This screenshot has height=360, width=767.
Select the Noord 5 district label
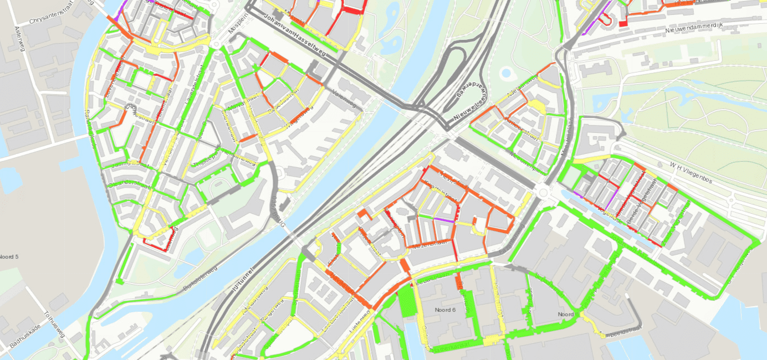tap(9, 257)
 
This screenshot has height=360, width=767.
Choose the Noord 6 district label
tap(445, 310)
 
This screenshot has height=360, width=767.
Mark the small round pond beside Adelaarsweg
tap(506, 73)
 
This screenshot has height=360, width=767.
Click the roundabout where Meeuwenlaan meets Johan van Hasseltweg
tap(543, 192)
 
